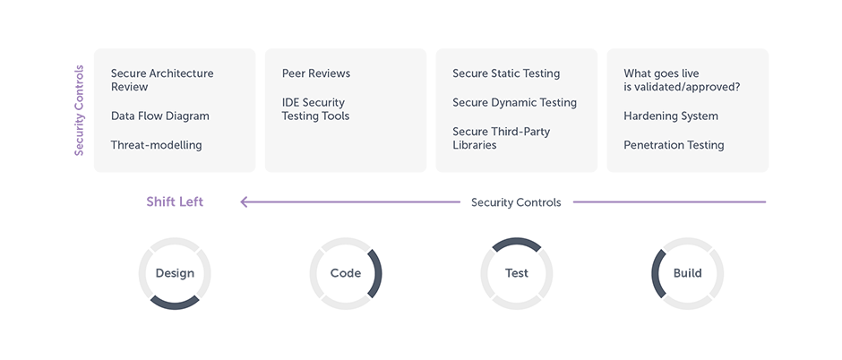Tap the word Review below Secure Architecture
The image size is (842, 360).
coord(129,88)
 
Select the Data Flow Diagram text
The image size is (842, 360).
coord(159,116)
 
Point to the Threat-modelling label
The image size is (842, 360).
coord(156,145)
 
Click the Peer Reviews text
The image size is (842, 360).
coord(315,73)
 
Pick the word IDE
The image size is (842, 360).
coord(291,102)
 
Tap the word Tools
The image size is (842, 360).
coord(333,116)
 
